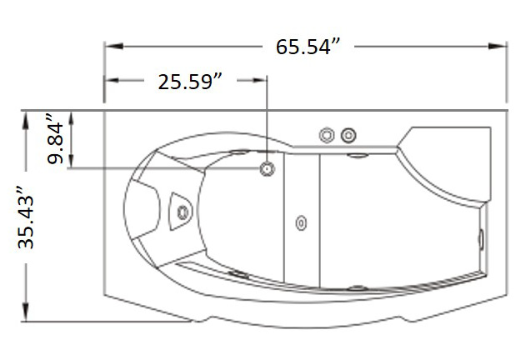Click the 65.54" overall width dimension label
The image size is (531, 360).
tap(308, 47)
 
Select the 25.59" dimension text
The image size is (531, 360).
tap(190, 82)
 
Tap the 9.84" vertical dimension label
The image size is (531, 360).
tap(55, 139)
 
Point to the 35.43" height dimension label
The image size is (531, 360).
tap(26, 217)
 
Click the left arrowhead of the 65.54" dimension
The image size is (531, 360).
tap(113, 46)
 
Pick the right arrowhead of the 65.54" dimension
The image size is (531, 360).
tap(497, 46)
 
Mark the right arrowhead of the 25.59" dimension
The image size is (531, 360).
tap(259, 80)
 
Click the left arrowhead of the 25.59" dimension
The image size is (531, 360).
tap(112, 80)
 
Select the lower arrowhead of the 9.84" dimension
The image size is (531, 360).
tap(71, 161)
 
